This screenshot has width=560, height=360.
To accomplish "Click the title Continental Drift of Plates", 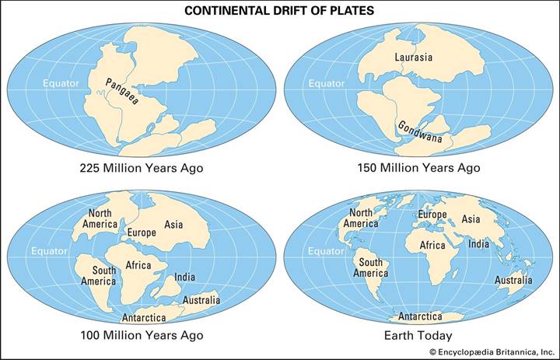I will pos(279,12).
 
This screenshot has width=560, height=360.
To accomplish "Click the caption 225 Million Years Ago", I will pos(141,168).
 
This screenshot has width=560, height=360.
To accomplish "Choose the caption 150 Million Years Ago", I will pos(418,168).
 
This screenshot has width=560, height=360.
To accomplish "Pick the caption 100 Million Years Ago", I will pos(141,335).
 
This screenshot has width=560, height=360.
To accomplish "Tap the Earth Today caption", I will pos(418,335).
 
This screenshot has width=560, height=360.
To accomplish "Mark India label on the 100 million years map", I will pos(184,276).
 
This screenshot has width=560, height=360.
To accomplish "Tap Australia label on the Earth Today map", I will pos(513,280).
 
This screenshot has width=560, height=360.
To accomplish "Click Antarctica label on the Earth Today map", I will pos(421,316).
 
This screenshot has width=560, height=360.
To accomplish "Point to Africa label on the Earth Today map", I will pos(433,245).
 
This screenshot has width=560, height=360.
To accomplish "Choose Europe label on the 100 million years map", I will pos(141,232).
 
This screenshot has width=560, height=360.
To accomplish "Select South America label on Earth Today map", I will pos(370,267).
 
